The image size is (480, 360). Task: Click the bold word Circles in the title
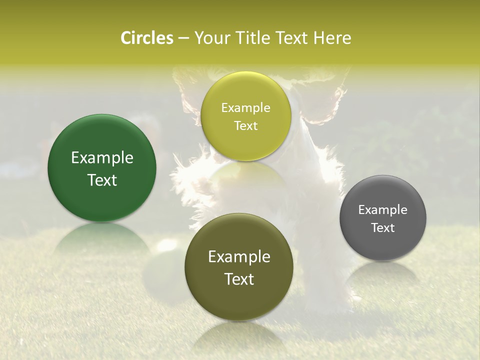(146, 38)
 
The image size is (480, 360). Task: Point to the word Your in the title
(210, 38)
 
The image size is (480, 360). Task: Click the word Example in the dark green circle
(102, 158)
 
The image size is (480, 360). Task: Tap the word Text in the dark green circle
(102, 180)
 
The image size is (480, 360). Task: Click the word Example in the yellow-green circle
(245, 108)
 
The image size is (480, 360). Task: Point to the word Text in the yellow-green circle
(245, 126)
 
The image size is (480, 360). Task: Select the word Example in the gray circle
(383, 210)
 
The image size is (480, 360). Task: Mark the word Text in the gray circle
(383, 228)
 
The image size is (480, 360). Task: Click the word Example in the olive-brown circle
(239, 257)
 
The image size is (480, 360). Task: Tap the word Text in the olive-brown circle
(239, 279)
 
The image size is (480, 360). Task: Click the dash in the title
(183, 38)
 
